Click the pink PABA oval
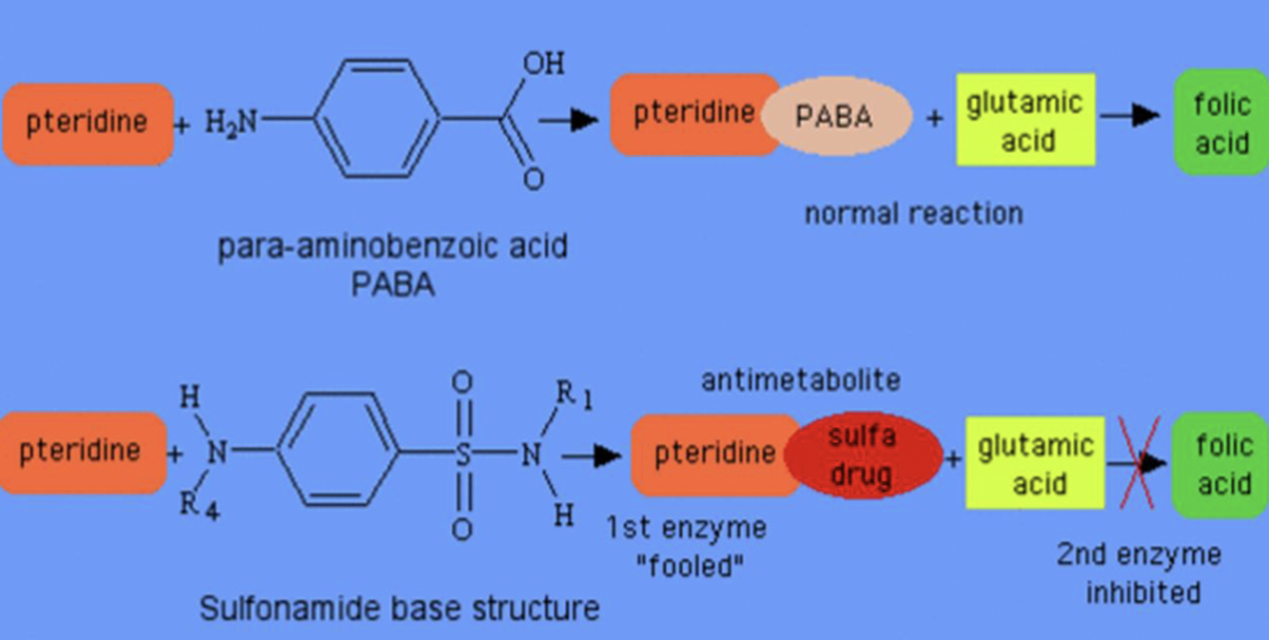835,117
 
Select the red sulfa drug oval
862,456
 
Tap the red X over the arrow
1139,462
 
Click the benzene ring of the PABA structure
378,119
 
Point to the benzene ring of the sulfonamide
340,452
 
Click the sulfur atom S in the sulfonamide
462,454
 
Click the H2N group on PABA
231,121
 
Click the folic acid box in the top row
1221,122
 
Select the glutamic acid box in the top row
1025,120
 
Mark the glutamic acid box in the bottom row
1035,463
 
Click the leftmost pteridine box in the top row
88,123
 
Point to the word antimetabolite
800,380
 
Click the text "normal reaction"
913,213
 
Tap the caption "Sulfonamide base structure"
400,608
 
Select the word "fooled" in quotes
689,568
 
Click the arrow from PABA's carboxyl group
568,120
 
